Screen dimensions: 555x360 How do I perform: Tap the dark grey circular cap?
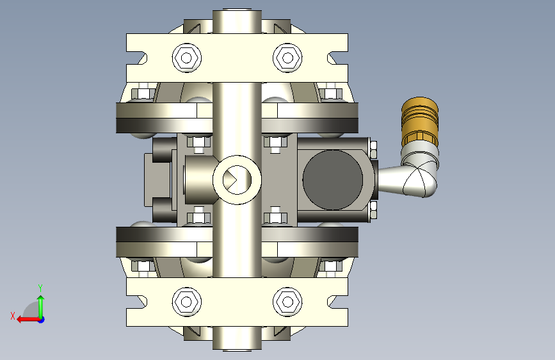point(333,179)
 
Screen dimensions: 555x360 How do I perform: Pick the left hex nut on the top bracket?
point(187,58)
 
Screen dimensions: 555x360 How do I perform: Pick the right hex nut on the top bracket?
point(287,58)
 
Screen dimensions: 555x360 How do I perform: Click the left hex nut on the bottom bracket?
point(187,302)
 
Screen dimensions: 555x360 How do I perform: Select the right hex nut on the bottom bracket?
point(287,302)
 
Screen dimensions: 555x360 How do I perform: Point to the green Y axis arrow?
point(41,307)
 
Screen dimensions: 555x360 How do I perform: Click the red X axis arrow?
point(28,320)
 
